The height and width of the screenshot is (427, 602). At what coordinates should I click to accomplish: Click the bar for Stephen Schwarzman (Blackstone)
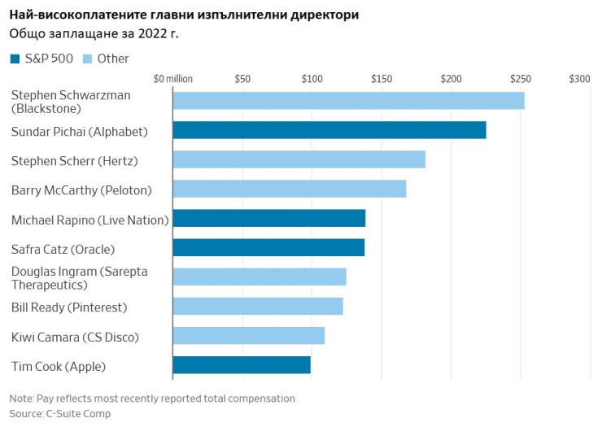coord(348,101)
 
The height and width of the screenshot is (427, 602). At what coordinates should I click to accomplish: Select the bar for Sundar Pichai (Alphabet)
coord(329,130)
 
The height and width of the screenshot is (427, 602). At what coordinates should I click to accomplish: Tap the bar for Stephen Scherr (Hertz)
coord(299,159)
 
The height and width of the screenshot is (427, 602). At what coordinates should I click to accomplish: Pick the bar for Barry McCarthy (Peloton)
coord(289,189)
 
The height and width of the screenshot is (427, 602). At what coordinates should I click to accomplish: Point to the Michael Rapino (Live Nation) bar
coord(268,218)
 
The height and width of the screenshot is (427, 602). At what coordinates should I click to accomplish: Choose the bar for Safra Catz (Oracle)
coord(268,247)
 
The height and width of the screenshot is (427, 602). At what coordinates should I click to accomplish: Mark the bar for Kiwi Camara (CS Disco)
coord(248,335)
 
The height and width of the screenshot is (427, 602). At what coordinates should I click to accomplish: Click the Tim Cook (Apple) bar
coord(242,364)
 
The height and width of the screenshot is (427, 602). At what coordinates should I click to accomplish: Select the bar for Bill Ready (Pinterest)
coord(258,306)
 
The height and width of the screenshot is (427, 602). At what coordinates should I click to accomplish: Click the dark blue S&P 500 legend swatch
coord(15,59)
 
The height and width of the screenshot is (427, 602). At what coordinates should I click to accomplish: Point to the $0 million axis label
coord(172,79)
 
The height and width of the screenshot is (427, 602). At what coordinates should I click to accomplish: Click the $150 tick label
coord(382,79)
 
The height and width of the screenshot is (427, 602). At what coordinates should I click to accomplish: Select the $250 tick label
coord(521,79)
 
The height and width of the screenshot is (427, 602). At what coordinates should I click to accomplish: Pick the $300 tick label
coord(579,79)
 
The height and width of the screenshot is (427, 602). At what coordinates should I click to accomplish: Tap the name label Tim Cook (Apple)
coord(58,366)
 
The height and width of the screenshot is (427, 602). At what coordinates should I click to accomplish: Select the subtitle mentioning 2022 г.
coord(94,33)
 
